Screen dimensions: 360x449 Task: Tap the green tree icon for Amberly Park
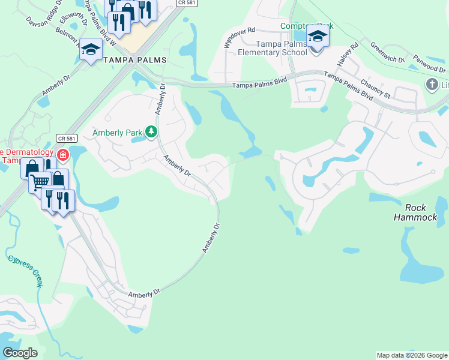pos(152,131)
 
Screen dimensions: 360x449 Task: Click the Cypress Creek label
pos(25,271)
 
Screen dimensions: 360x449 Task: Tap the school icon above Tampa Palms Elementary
pos(317,37)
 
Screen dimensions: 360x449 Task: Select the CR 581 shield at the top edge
pos(184,3)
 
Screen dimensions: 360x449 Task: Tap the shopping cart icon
pos(40,181)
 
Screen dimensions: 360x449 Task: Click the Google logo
pos(20,353)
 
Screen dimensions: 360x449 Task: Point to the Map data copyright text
pos(411,355)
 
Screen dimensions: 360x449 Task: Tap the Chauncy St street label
pos(375,88)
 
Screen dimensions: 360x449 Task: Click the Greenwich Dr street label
pos(388,53)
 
